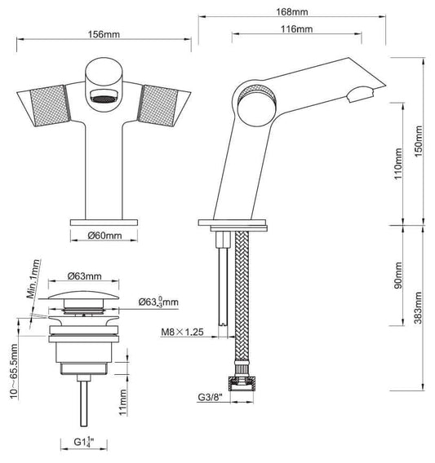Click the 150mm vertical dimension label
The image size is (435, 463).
point(419,142)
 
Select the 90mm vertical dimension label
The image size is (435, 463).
point(397,276)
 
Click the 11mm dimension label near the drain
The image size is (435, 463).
point(122,400)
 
